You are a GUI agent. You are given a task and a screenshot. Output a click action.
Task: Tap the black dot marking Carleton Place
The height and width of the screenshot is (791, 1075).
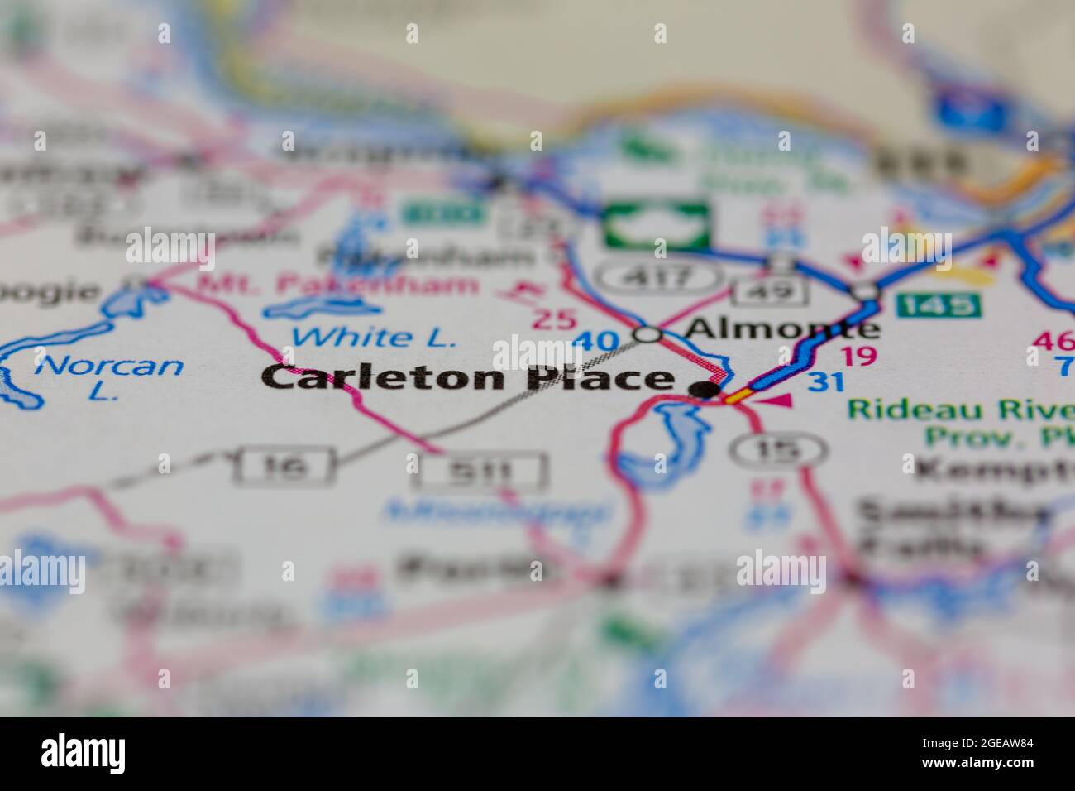pyautogui.click(x=703, y=389)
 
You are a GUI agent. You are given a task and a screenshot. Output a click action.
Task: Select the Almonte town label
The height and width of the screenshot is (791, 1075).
pyautogui.click(x=782, y=329)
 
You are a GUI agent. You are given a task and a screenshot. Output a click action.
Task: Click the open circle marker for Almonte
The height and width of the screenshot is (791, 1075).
pyautogui.click(x=647, y=333)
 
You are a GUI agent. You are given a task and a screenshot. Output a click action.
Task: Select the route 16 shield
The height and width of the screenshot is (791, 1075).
pyautogui.click(x=284, y=466)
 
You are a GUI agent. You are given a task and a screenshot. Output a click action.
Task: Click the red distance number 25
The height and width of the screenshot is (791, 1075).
pyautogui.click(x=555, y=318)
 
